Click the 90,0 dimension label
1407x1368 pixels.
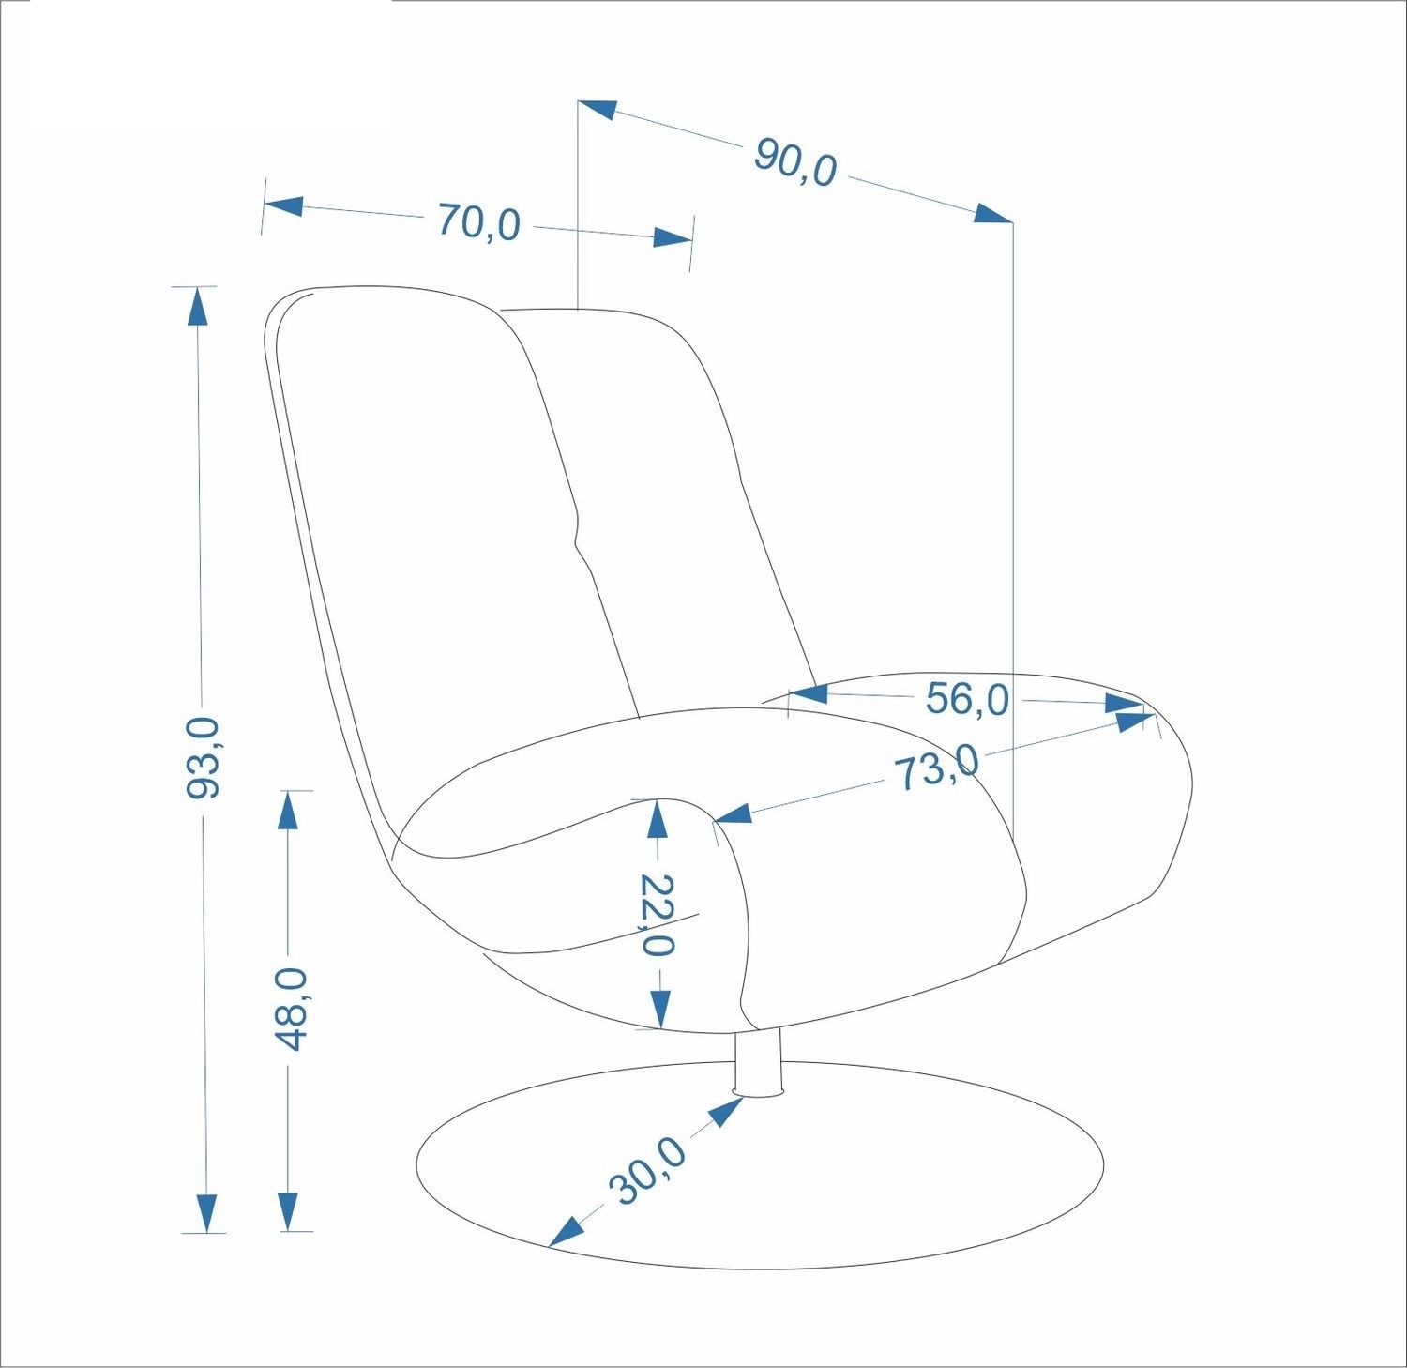tap(794, 162)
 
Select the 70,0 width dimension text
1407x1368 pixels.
tap(478, 223)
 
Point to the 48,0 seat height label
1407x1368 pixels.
tap(291, 1009)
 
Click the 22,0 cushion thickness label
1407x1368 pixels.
tap(657, 914)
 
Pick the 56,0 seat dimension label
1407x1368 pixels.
tap(967, 698)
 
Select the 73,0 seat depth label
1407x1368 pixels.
tap(935, 768)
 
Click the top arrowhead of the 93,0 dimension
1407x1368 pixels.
tap(197, 306)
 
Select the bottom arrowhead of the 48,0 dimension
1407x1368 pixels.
tap(289, 1210)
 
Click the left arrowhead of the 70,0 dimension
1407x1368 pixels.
tap(283, 205)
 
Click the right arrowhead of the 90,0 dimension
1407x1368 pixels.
tap(993, 213)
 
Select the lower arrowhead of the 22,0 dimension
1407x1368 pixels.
tap(660, 1009)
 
